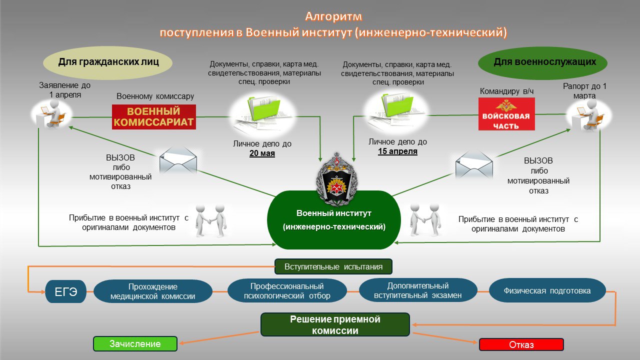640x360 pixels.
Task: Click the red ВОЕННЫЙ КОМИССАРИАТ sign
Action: (x=153, y=117)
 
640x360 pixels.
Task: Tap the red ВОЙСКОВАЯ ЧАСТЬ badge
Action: (x=506, y=114)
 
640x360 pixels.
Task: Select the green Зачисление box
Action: (x=135, y=344)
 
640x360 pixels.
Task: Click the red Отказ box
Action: (x=521, y=344)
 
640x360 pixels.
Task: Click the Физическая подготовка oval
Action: (x=547, y=290)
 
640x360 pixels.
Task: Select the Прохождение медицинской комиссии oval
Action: (x=152, y=291)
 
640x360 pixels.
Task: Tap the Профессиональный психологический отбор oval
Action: (x=287, y=291)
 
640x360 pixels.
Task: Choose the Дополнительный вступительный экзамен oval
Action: (x=417, y=290)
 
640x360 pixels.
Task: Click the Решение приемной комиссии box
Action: (x=335, y=324)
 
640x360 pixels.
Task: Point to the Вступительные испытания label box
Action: (x=333, y=266)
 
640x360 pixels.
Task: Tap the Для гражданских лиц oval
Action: (x=108, y=62)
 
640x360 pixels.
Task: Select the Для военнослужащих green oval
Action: (x=543, y=62)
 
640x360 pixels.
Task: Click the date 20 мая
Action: (x=262, y=153)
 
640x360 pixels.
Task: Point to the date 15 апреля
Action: (x=397, y=151)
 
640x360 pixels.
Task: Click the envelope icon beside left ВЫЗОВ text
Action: (x=178, y=161)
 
